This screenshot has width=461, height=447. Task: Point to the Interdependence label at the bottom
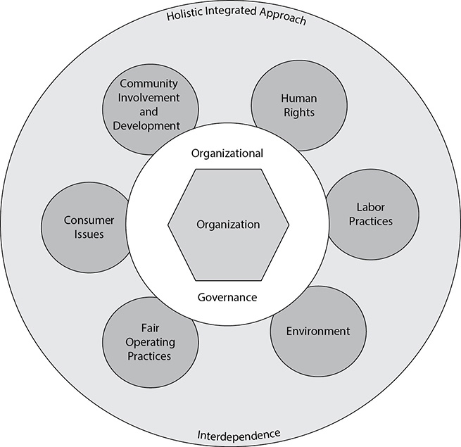tap(239, 434)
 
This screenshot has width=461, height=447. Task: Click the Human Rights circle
tap(299, 106)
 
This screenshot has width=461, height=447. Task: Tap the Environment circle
tap(318, 331)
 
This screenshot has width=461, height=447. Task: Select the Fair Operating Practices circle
tap(150, 342)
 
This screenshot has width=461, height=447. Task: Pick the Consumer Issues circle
tap(86, 227)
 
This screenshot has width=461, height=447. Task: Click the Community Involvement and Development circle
tap(150, 109)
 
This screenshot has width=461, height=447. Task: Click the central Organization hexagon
tap(229, 225)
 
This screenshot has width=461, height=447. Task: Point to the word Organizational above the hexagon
tap(227, 153)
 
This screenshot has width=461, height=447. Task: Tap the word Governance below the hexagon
tap(227, 297)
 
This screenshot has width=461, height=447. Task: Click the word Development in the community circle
tap(146, 126)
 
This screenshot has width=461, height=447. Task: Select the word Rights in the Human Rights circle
tap(299, 113)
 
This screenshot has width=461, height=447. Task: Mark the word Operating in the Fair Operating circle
tap(150, 342)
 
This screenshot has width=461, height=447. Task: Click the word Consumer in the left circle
tap(89, 220)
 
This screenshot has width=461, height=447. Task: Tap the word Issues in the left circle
tap(89, 234)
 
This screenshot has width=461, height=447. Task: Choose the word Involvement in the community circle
tap(149, 98)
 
